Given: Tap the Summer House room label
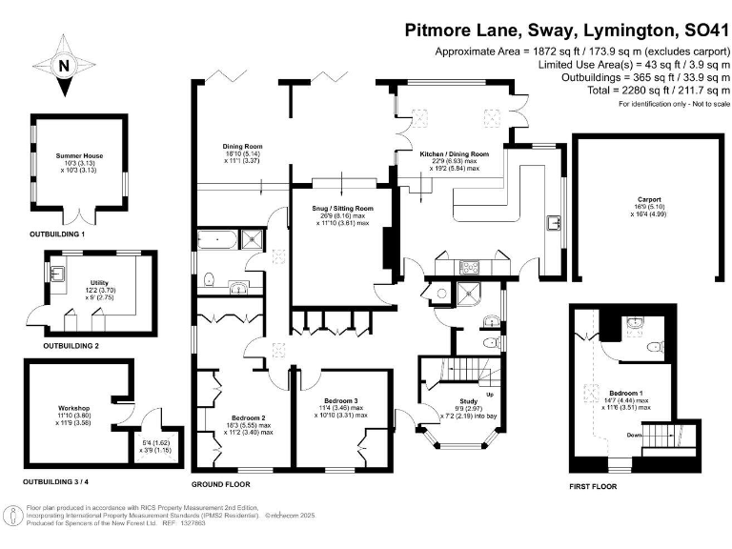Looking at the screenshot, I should pyautogui.click(x=79, y=155).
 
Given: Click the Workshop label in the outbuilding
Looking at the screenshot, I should pyautogui.click(x=72, y=408).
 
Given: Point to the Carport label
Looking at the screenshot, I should pyautogui.click(x=650, y=200).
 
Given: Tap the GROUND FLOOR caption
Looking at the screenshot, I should pyautogui.click(x=229, y=484).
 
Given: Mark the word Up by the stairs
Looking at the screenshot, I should pyautogui.click(x=490, y=394).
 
